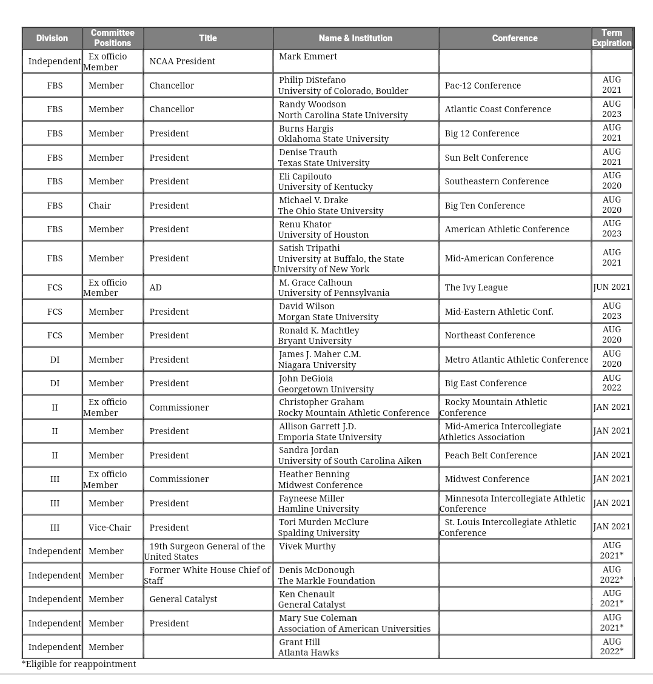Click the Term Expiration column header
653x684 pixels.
click(x=612, y=38)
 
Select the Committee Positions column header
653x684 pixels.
click(x=112, y=38)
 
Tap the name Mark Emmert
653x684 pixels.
click(x=308, y=56)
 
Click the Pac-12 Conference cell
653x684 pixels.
click(x=483, y=85)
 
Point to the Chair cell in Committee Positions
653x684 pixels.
click(x=100, y=206)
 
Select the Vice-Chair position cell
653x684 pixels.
click(x=110, y=528)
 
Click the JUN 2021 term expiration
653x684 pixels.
click(x=612, y=287)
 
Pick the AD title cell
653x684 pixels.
click(x=156, y=287)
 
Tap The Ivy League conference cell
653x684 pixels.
click(x=476, y=287)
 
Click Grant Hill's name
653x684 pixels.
click(x=300, y=642)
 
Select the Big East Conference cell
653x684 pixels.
click(x=486, y=383)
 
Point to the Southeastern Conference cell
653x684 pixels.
click(x=497, y=181)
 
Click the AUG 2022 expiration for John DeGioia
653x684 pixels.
click(x=612, y=383)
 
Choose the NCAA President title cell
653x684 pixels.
click(x=183, y=61)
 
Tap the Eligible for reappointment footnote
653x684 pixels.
click(x=79, y=664)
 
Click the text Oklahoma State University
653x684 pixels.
click(x=333, y=139)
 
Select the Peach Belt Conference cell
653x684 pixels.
click(x=491, y=455)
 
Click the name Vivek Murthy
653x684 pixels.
click(x=307, y=546)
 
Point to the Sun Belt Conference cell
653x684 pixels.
click(x=486, y=158)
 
